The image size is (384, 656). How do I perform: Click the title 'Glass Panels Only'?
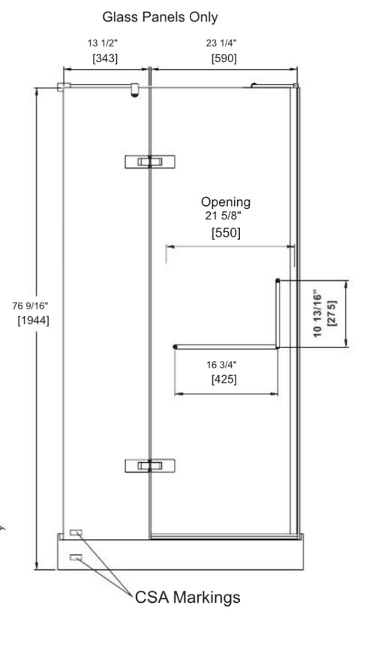[x=160, y=17]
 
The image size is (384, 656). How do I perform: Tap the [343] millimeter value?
[x=105, y=58]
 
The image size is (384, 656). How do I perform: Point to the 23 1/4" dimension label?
[x=221, y=43]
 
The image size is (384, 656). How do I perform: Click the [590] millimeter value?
[x=223, y=58]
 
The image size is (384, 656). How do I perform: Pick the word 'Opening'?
[x=226, y=202]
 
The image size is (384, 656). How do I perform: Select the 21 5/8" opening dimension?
[x=223, y=216]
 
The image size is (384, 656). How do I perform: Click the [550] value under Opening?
[x=226, y=233]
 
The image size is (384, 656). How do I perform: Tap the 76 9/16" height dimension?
[x=30, y=306]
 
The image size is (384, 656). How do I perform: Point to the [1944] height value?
[x=33, y=321]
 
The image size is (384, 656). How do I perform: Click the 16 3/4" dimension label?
[x=221, y=365]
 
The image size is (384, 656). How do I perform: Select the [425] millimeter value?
[x=223, y=380]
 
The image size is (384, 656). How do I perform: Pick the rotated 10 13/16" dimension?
[x=317, y=313]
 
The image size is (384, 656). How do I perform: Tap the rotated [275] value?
[x=331, y=313]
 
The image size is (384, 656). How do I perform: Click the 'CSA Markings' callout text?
[x=187, y=597]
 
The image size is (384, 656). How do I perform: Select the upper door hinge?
[x=150, y=162]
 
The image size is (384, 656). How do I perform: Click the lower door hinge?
[x=150, y=466]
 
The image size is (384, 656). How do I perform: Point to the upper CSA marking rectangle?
[x=76, y=532]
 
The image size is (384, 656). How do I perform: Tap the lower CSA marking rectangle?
[x=76, y=557]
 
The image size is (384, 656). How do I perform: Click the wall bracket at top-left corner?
[x=63, y=87]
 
